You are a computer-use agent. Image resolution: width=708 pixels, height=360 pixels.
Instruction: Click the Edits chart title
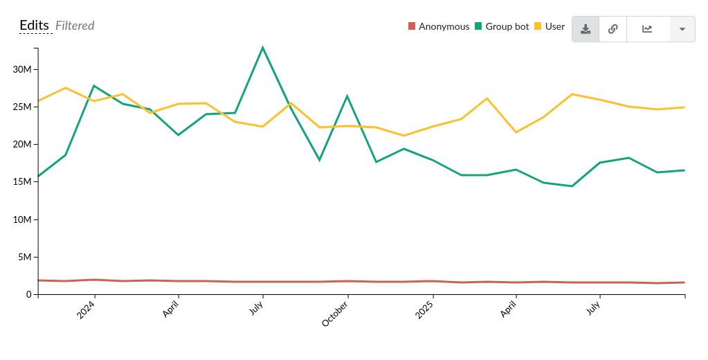(34, 26)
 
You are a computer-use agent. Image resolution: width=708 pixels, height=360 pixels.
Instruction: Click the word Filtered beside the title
(75, 26)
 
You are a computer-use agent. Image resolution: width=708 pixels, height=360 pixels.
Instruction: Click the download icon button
(586, 29)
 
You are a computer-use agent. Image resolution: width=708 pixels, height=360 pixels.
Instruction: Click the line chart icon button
(647, 29)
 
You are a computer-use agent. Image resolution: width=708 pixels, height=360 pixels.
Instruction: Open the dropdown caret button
(682, 29)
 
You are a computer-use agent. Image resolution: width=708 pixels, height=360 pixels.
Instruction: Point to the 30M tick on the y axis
(23, 70)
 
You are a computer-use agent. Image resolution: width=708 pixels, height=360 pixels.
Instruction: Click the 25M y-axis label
(23, 107)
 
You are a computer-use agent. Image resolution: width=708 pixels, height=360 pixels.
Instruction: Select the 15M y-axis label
(23, 182)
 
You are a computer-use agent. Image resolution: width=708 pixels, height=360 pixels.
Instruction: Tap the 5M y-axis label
(25, 257)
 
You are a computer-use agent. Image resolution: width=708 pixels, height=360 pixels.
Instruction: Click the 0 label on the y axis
(28, 294)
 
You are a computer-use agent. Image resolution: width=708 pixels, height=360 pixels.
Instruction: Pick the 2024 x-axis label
(86, 309)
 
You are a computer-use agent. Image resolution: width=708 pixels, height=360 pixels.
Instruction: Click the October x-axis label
(336, 314)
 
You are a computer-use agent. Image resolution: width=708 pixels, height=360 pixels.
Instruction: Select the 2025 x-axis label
(424, 309)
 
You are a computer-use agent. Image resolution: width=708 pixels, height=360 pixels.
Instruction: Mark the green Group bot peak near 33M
(263, 48)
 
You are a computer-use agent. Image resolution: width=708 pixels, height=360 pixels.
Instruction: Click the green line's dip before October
(319, 160)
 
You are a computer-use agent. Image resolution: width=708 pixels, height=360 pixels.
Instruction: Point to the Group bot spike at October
(347, 96)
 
